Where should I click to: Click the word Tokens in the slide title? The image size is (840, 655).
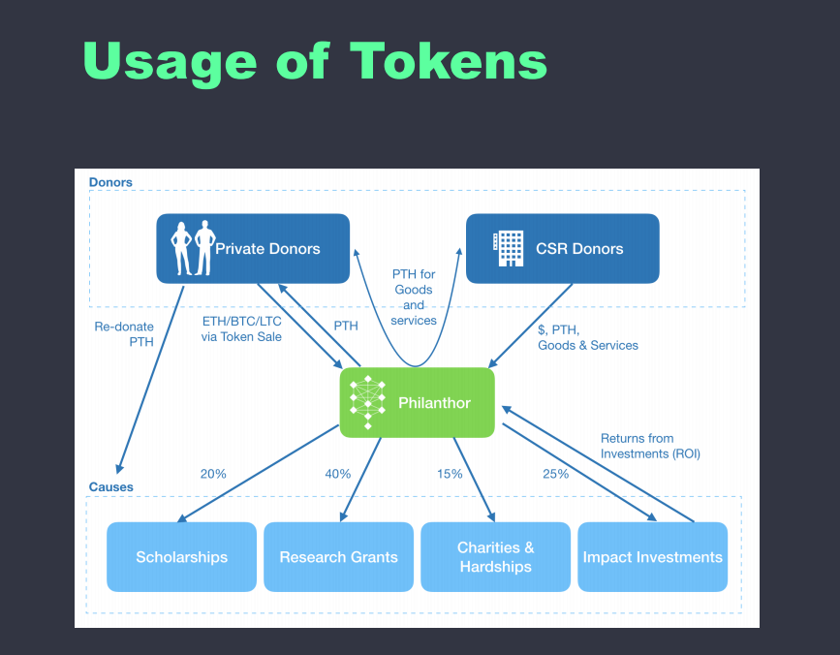(448, 60)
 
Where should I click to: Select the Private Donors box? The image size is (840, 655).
(253, 248)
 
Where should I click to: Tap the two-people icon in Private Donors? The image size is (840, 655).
(192, 248)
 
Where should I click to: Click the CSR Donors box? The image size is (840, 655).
(562, 248)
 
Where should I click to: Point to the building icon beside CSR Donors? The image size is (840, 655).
(508, 248)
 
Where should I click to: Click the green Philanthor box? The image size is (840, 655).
(417, 402)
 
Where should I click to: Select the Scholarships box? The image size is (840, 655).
(182, 557)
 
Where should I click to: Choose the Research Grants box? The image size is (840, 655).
(339, 557)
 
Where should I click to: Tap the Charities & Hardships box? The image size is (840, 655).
(495, 557)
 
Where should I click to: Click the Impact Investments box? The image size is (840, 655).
(652, 557)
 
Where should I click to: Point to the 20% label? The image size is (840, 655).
(213, 474)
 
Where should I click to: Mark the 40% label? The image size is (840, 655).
(338, 474)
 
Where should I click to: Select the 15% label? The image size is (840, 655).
(450, 474)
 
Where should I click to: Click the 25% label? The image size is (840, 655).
(555, 474)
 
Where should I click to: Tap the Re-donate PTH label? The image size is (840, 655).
(124, 334)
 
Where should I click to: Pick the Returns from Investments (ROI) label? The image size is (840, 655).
(649, 446)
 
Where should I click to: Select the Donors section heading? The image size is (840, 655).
(110, 182)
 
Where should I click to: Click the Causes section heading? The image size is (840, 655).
(110, 486)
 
